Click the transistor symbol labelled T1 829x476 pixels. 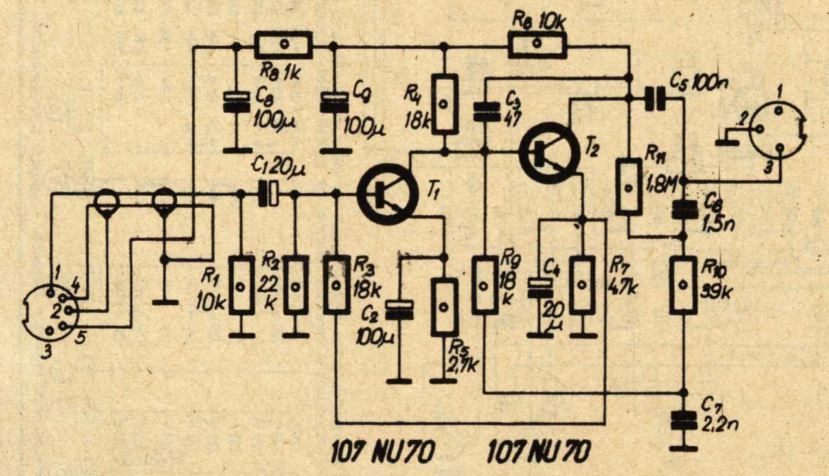[x=387, y=194]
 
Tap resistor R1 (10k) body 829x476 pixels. [x=242, y=285]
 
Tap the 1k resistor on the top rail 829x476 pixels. [x=283, y=45]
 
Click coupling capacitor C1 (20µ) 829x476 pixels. [x=268, y=194]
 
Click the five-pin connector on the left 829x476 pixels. [x=51, y=313]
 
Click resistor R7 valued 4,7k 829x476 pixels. [x=583, y=285]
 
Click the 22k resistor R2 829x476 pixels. [x=296, y=285]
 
